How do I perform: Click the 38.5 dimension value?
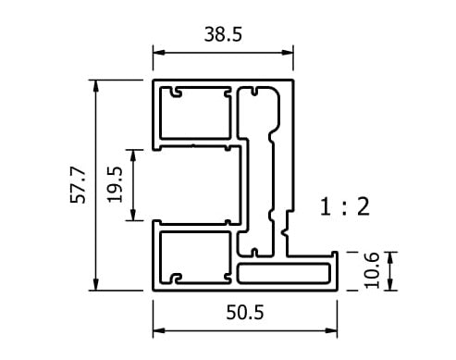223,35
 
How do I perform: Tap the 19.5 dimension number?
116,184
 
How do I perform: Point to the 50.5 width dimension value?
245,313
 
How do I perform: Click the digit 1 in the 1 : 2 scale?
325,206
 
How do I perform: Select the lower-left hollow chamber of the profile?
195,254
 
